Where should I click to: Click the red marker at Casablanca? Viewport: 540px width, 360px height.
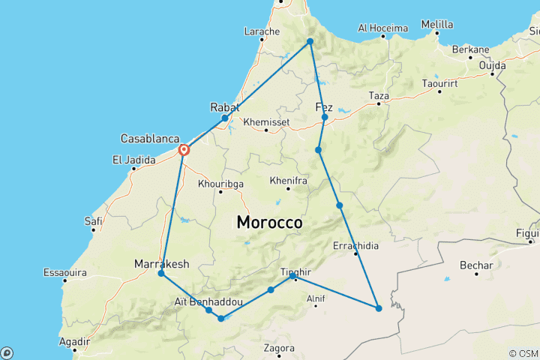184,150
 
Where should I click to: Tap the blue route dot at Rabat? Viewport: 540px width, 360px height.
225,118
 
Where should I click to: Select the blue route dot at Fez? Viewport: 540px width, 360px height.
325,118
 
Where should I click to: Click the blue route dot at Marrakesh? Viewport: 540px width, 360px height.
161,274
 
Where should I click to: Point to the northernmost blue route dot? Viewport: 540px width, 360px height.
310,41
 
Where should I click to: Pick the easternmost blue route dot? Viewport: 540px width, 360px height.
379,308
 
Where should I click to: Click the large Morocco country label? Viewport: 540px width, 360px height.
269,223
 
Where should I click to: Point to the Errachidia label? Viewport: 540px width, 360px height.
355,245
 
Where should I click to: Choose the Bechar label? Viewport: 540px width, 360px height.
477,265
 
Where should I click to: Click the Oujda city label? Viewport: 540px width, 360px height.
492,65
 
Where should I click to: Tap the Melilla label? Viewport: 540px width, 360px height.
437,24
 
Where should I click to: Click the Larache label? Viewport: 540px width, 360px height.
262,31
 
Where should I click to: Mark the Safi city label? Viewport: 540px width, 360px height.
94,220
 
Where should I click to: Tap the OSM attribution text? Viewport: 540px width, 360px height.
523,353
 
